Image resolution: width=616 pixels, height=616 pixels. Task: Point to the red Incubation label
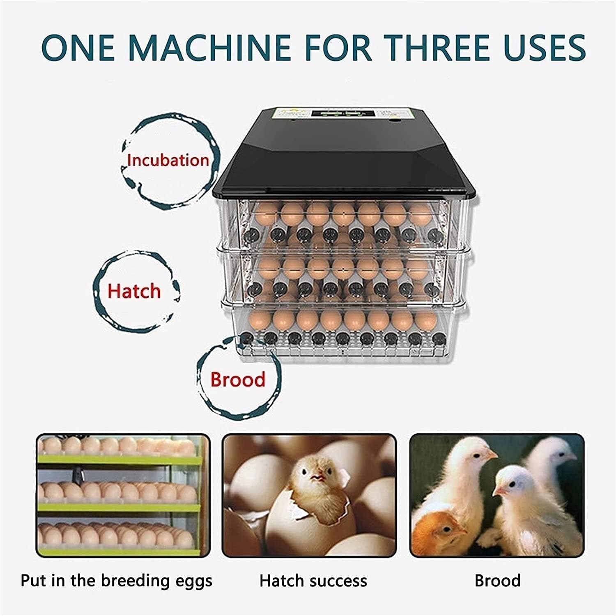[168, 160]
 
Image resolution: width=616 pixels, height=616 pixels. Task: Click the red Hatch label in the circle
[134, 291]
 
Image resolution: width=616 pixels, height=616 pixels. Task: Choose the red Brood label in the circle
[238, 379]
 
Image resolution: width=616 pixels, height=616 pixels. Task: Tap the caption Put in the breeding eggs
[116, 581]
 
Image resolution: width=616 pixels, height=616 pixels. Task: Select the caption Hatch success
[313, 581]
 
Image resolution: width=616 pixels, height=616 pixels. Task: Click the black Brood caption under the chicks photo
[497, 581]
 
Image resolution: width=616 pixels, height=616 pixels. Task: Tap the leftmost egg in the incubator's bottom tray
[257, 321]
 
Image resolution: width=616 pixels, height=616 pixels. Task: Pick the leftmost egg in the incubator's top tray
[266, 214]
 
